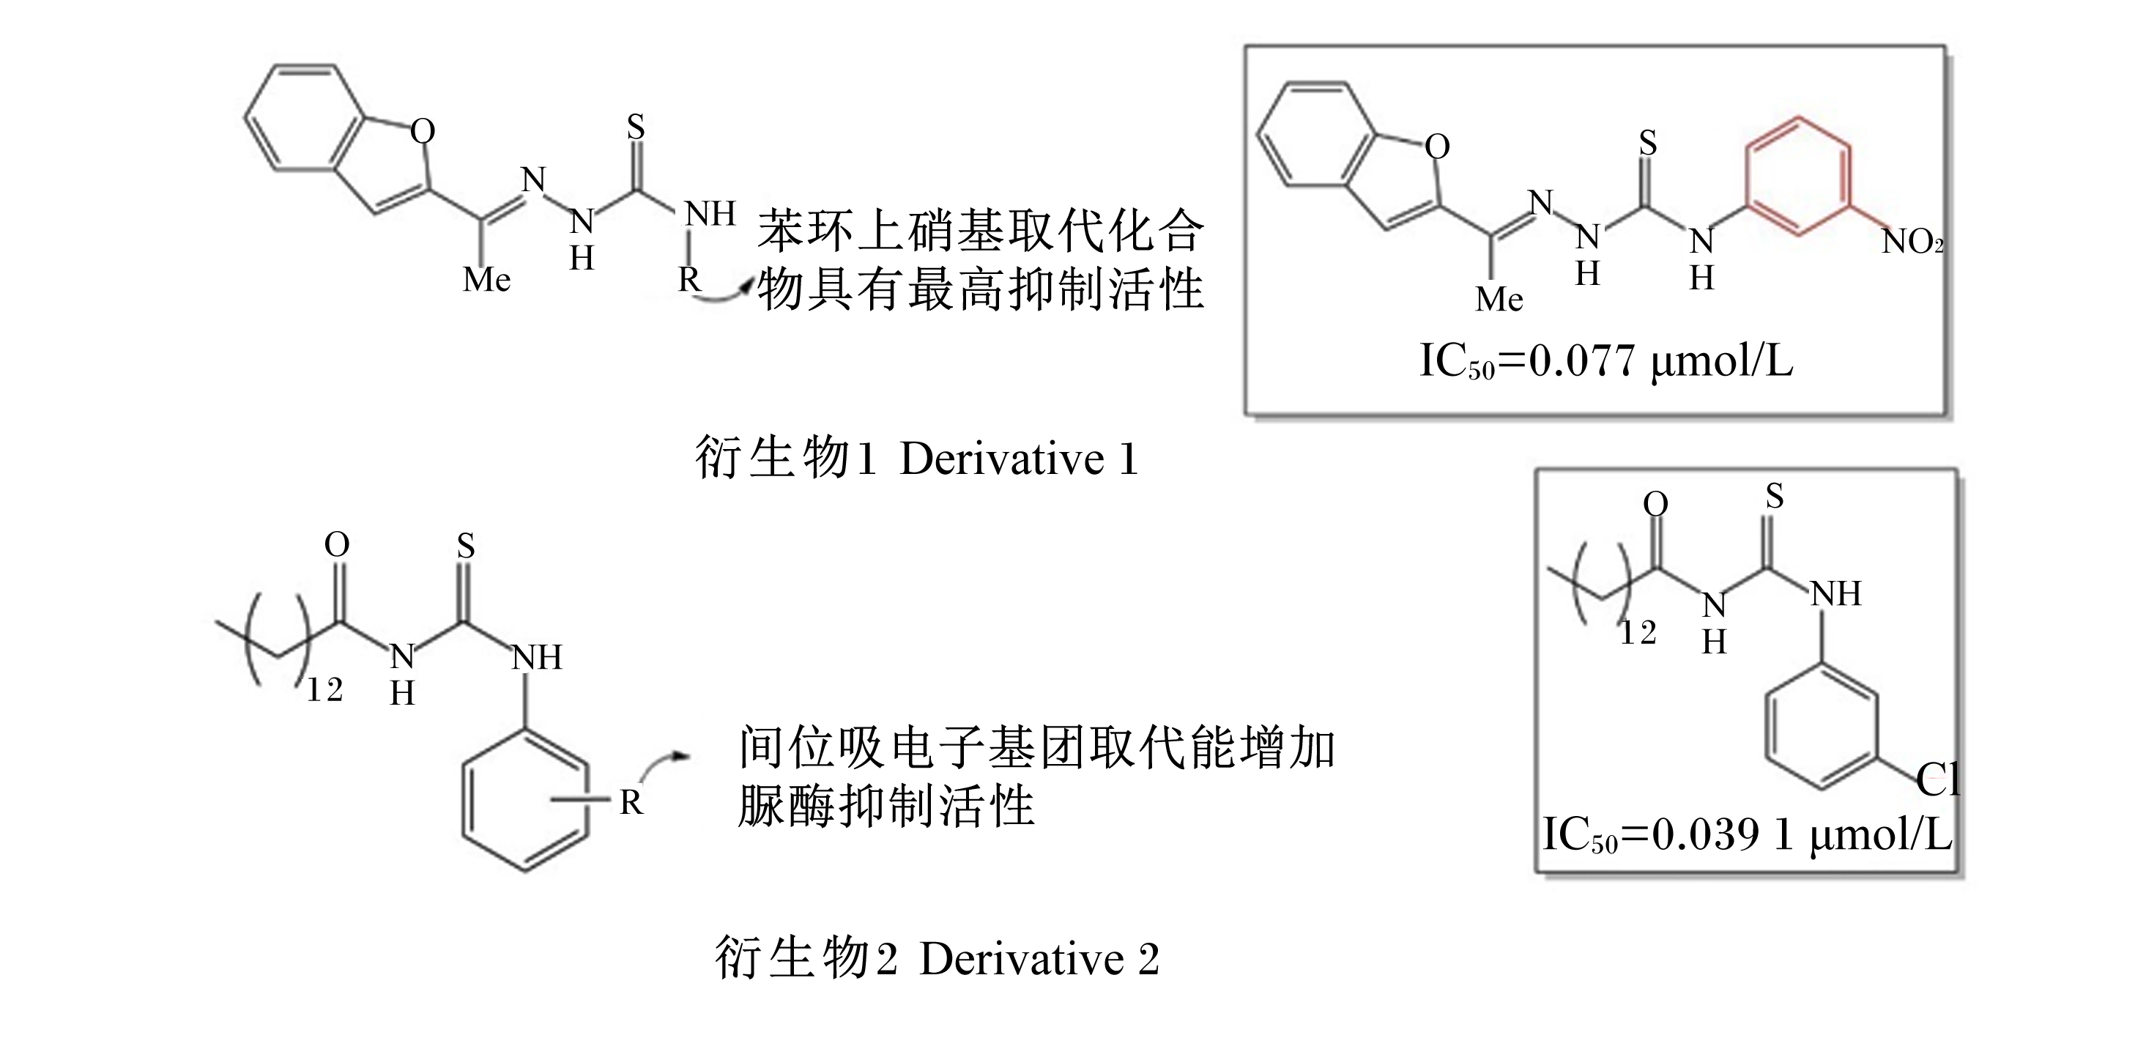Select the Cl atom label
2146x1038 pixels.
1937,779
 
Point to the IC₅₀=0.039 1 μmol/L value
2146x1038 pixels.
1747,834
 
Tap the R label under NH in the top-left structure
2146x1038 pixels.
688,280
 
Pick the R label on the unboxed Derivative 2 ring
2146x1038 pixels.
631,802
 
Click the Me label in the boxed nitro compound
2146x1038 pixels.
1499,300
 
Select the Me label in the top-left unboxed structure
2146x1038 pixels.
486,280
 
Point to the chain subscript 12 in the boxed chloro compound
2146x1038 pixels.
1638,634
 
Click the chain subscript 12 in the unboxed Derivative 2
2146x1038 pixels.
325,691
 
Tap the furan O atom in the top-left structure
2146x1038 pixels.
423,131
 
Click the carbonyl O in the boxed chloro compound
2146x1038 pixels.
1655,504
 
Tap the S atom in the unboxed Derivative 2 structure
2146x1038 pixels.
466,546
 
